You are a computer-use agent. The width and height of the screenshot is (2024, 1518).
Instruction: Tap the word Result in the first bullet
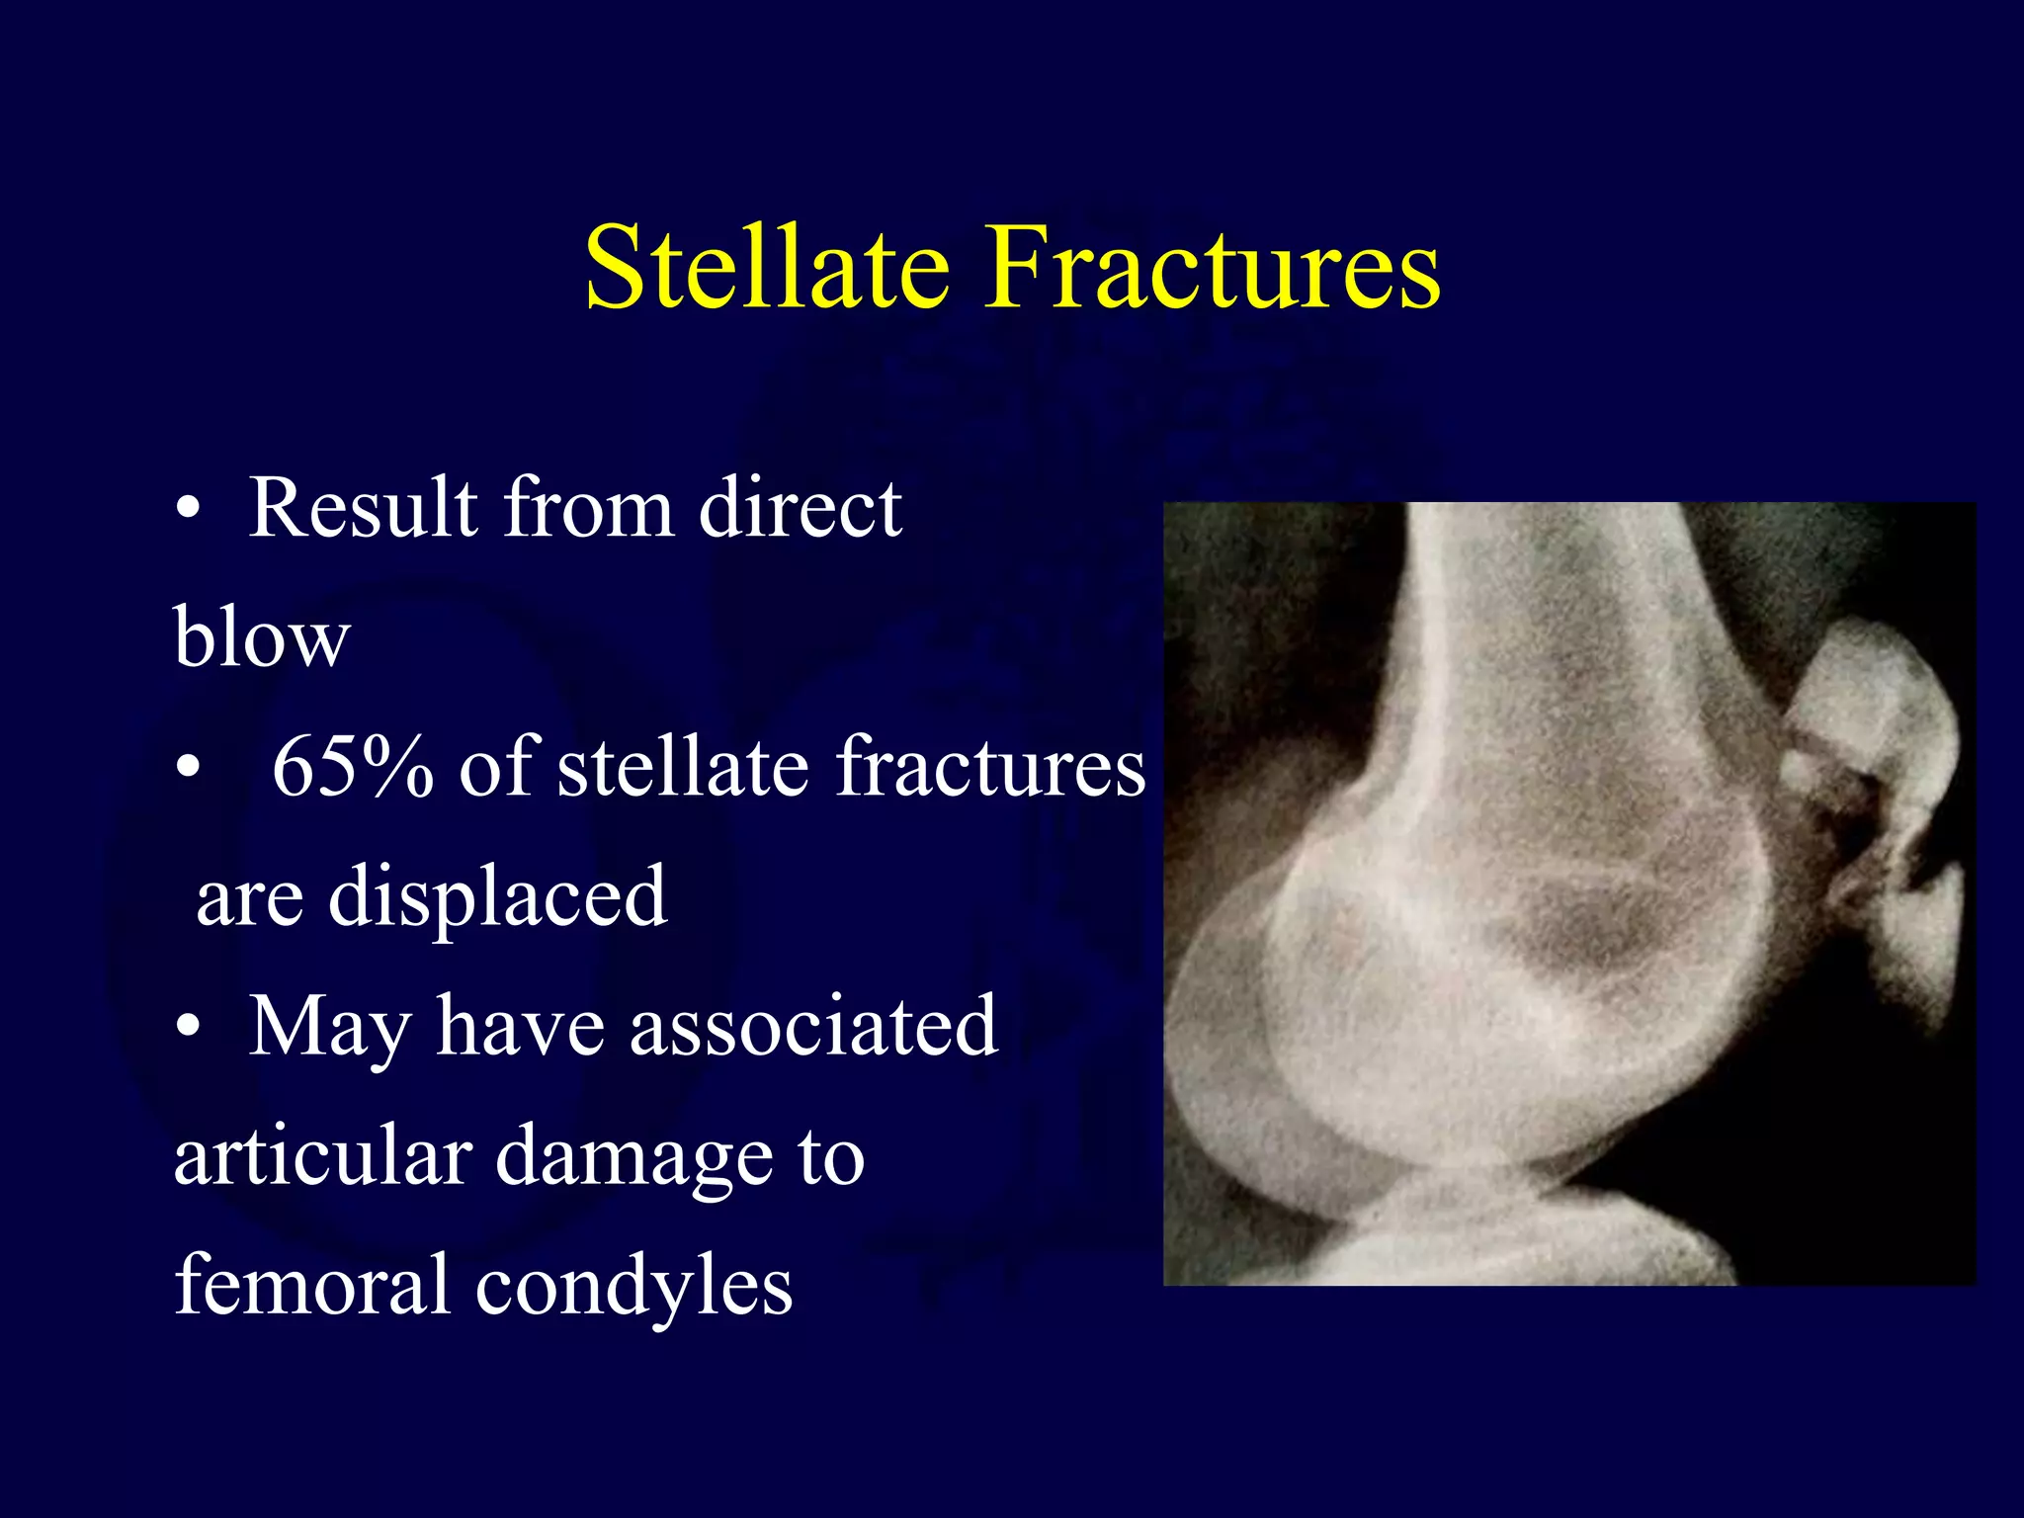[x=363, y=508]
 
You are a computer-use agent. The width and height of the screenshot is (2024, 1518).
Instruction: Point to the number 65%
[x=352, y=767]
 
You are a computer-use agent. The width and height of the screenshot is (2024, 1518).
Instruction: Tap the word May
[x=329, y=1028]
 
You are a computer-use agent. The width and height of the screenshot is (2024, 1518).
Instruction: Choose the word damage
[x=633, y=1158]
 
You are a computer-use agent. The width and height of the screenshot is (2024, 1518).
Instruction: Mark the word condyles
[x=633, y=1288]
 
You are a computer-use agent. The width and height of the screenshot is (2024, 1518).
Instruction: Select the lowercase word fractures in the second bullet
[x=990, y=767]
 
